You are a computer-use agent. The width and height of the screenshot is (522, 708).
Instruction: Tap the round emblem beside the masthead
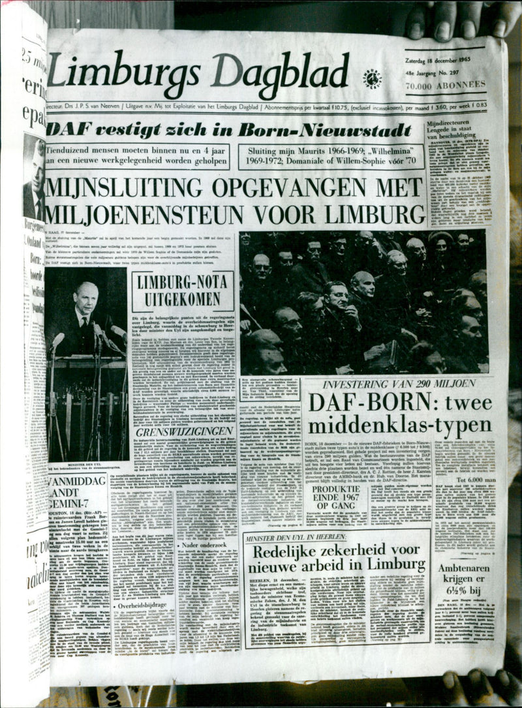point(373,78)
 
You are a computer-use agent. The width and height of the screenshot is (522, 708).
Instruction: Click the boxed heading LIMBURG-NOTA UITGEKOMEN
point(182,291)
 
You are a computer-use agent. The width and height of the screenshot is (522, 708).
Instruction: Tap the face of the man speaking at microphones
point(85,300)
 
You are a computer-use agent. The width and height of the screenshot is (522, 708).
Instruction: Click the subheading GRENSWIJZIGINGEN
point(184,431)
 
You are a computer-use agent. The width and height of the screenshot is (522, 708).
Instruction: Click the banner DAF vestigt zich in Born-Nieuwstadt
point(228,129)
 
